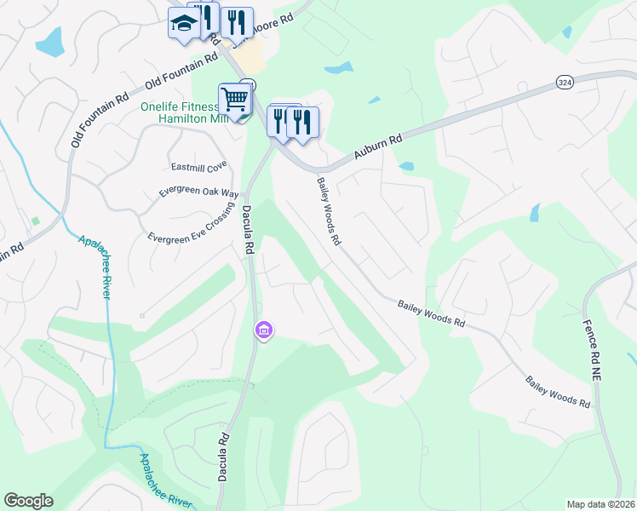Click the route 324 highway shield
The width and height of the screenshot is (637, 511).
tap(564, 82)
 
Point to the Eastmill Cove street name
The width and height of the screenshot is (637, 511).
tap(199, 166)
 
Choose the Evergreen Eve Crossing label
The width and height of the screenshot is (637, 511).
tap(191, 225)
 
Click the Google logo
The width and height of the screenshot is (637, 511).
tap(28, 501)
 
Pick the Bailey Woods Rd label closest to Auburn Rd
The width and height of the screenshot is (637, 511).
tap(329, 210)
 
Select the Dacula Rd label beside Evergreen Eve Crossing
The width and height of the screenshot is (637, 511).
tap(249, 228)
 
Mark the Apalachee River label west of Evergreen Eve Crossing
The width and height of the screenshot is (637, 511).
tap(95, 266)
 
